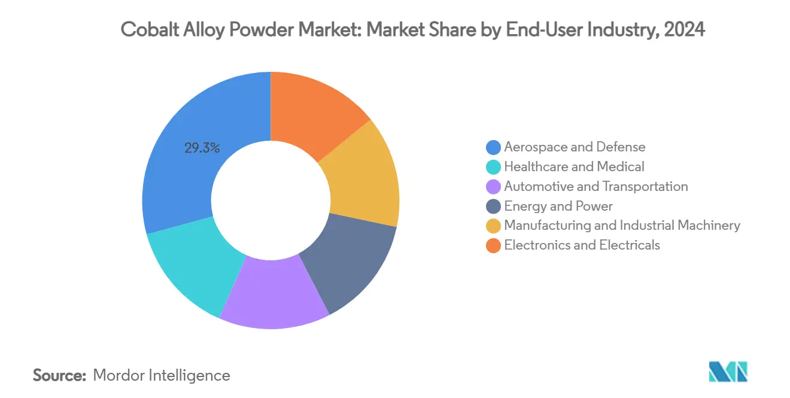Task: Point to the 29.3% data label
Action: coord(202,148)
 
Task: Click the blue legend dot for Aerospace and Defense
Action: coord(493,147)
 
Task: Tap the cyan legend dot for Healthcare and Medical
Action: coord(493,166)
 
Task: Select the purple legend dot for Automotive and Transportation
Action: coord(493,186)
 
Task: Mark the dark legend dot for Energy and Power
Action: coord(493,206)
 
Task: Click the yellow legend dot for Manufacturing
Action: coord(493,226)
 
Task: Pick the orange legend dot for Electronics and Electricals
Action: coord(493,245)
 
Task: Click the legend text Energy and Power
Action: coord(558,206)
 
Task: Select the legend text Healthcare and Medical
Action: coord(574,166)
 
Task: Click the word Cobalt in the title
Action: coord(149,29)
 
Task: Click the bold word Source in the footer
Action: coord(59,375)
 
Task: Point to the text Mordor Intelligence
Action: coord(162,375)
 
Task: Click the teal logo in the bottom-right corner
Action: coord(728,372)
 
